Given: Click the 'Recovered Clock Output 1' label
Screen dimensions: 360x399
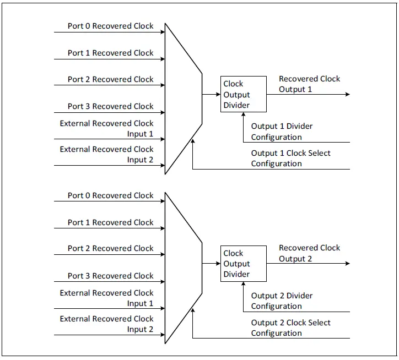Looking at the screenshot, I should click(x=309, y=84).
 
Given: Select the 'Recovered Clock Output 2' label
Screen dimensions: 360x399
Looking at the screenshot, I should click(x=309, y=253).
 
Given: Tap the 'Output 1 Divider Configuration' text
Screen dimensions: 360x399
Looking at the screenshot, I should click(x=282, y=132).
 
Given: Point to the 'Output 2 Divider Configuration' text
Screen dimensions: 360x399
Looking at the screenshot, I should click(x=282, y=301).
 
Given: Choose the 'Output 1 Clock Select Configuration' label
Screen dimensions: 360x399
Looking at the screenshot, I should click(x=290, y=159).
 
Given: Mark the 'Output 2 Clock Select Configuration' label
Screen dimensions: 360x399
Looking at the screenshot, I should click(x=290, y=328).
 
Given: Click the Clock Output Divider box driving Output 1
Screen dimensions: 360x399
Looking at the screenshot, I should click(x=243, y=95).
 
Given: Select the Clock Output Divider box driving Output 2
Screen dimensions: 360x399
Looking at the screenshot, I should click(x=243, y=264).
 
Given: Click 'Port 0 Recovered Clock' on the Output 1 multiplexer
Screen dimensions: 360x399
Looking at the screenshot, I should click(x=110, y=26).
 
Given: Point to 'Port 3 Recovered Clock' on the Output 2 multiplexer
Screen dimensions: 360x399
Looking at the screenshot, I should click(x=110, y=276).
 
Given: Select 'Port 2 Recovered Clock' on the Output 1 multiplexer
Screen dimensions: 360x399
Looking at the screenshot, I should click(x=110, y=79).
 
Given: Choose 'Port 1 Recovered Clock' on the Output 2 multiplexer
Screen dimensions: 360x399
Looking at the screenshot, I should click(x=110, y=222).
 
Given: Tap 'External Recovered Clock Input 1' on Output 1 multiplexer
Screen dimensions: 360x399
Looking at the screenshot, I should click(x=106, y=129).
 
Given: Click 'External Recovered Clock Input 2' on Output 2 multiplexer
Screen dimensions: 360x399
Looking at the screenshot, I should click(x=106, y=324).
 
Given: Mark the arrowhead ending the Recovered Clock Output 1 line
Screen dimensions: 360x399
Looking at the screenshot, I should click(x=347, y=94).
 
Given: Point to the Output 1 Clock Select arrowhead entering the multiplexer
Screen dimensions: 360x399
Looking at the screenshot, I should click(x=193, y=143).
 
